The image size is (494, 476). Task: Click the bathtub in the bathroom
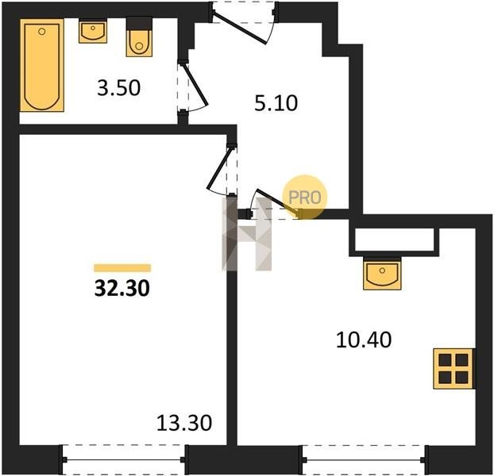[42, 65]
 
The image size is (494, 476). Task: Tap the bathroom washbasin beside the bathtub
[93, 31]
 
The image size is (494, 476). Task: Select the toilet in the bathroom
[139, 37]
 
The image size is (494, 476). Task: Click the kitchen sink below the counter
[382, 274]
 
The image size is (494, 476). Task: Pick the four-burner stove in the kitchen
[453, 369]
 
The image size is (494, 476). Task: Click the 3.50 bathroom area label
[119, 88]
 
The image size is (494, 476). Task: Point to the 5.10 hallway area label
[276, 103]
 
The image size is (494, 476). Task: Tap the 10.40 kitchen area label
[364, 340]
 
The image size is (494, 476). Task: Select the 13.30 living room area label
[184, 423]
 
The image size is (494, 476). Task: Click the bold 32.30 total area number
[122, 289]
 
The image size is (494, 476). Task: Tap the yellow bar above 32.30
[122, 267]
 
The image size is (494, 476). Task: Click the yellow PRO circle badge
[305, 197]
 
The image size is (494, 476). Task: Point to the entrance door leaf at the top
[239, 27]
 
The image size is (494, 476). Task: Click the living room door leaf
[218, 168]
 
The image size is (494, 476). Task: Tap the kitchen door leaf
[278, 202]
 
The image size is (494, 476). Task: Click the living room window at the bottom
[124, 460]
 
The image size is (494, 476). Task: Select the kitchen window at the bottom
[364, 460]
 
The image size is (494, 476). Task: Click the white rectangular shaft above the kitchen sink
[394, 240]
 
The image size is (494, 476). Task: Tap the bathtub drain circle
[42, 32]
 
